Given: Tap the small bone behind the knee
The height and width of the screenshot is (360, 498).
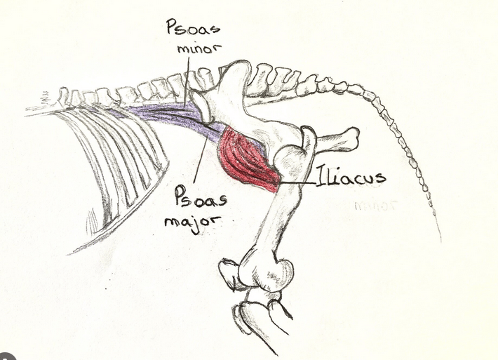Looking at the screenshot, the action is pos(229,273).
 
